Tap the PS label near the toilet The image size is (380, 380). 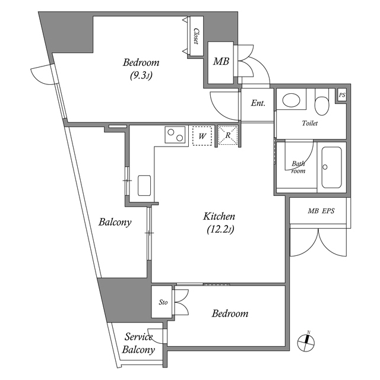pyautogui.click(x=341, y=96)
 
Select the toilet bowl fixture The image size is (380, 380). pyautogui.click(x=321, y=103)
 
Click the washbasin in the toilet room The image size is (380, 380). pyautogui.click(x=291, y=100)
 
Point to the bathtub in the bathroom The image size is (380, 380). pyautogui.click(x=331, y=167)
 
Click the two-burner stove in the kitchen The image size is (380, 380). pyautogui.click(x=175, y=135)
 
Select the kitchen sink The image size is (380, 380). pyautogui.click(x=145, y=185)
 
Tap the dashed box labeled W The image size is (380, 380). pyautogui.click(x=202, y=136)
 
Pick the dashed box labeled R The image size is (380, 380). pyautogui.click(x=228, y=135)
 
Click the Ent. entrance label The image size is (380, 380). pyautogui.click(x=258, y=103)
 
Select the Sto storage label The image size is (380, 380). pyautogui.click(x=163, y=302)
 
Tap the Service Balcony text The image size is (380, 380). pyautogui.click(x=138, y=343)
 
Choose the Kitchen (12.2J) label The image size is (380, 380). pyautogui.click(x=219, y=223)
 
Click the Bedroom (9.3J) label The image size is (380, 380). pyautogui.click(x=141, y=68)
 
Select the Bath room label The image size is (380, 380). pyautogui.click(x=298, y=167)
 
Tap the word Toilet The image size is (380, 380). pyautogui.click(x=310, y=123)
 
